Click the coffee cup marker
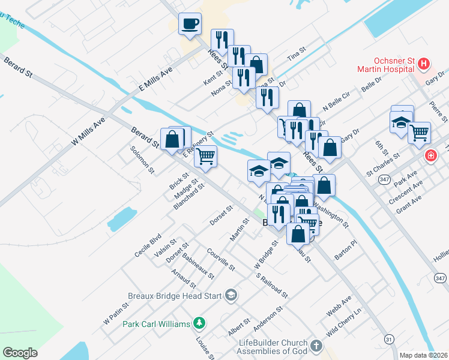[190, 25]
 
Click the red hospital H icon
[424, 63]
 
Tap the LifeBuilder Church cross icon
[316, 346]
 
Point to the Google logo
[20, 353]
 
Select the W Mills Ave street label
[88, 130]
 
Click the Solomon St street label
[143, 159]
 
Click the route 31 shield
[390, 340]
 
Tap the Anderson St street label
[268, 319]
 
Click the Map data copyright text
[424, 355]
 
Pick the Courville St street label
[220, 259]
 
